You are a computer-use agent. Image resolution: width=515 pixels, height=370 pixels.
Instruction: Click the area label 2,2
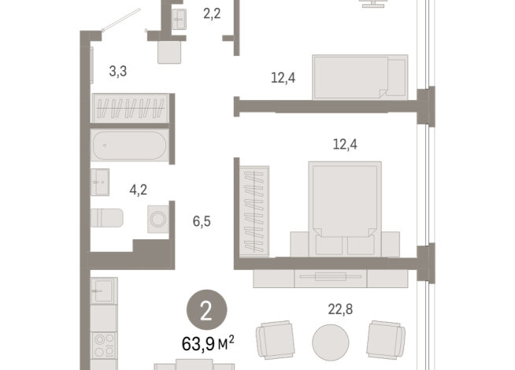pyautogui.click(x=212, y=13)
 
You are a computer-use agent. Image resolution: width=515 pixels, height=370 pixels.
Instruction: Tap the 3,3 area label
pyautogui.click(x=118, y=72)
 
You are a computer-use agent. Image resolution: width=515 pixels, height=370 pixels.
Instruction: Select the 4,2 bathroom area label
pyautogui.click(x=139, y=188)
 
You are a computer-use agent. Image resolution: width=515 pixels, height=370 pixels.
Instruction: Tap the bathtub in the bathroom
pyautogui.click(x=129, y=146)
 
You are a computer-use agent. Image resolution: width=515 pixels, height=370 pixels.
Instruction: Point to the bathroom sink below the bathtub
pyautogui.click(x=100, y=183)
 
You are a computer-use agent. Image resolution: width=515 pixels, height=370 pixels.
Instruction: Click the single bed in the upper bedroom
pyautogui.click(x=361, y=76)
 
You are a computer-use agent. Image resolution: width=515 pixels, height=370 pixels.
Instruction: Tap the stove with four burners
pyautogui.click(x=105, y=346)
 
